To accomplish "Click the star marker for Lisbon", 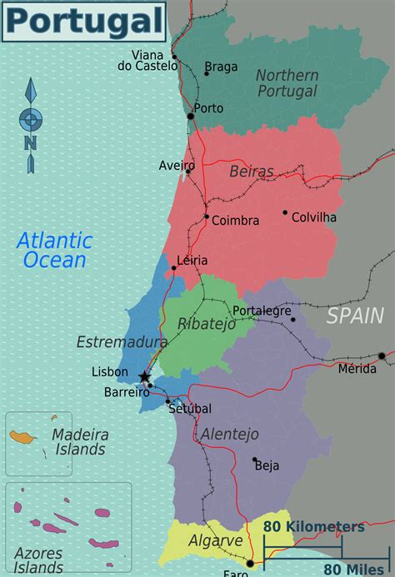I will [145, 377].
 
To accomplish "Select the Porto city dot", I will [191, 117].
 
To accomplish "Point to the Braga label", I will [221, 67].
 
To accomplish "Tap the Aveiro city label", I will [176, 166].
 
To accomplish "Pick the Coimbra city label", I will [236, 221].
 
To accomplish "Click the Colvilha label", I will [314, 217].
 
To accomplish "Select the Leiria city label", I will [192, 261].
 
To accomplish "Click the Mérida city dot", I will [382, 356].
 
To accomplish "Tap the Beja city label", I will [267, 466].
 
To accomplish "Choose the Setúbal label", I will [190, 409].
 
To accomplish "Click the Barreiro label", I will [126, 392].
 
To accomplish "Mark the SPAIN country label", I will [355, 316].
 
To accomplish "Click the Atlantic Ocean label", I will [55, 251].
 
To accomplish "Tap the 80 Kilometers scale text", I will [313, 527].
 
